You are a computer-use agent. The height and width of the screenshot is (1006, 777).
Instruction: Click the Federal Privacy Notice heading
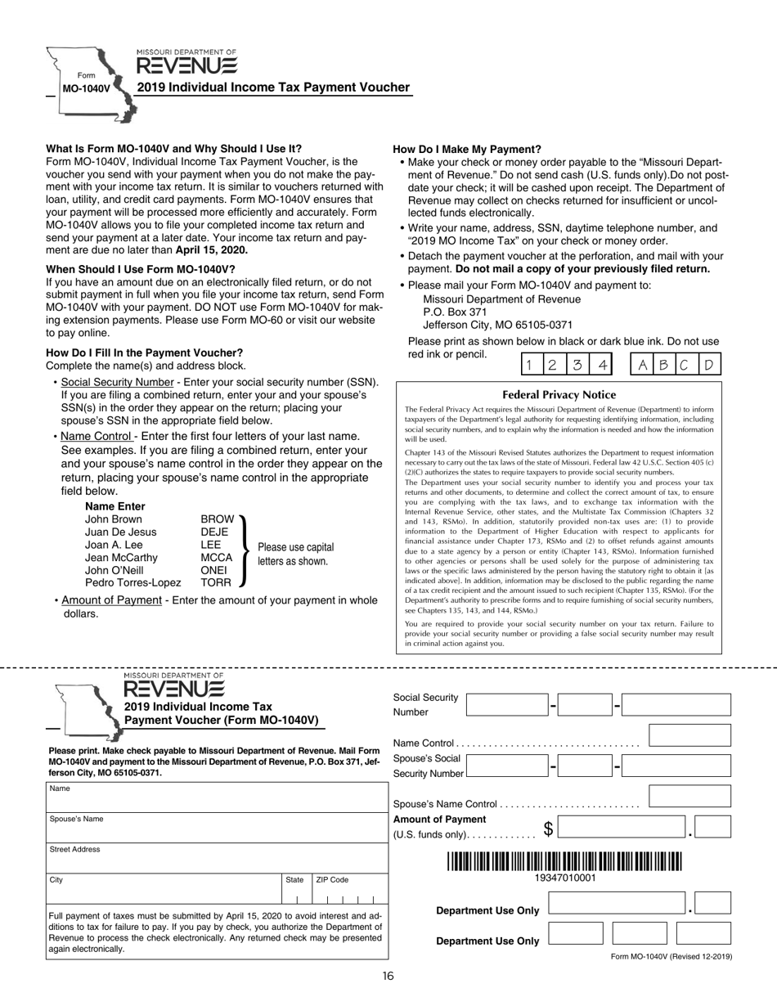tap(559, 394)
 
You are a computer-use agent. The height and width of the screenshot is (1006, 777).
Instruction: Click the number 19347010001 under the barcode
tap(564, 878)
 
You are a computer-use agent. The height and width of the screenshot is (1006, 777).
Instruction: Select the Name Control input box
tap(689, 735)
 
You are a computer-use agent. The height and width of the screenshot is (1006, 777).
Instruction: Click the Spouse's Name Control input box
tap(689, 796)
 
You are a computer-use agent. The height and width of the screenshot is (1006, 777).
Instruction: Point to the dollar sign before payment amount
tap(550, 829)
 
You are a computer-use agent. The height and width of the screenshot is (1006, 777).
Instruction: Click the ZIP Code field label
tap(332, 880)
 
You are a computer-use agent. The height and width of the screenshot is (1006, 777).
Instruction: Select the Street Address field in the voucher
tap(216, 857)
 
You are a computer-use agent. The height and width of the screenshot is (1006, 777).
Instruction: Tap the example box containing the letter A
tap(643, 364)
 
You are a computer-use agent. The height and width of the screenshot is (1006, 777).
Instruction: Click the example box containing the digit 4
tap(601, 364)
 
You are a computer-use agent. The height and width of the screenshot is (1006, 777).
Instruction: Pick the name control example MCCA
tap(216, 558)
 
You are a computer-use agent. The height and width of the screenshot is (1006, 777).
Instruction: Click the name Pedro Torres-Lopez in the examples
tap(132, 582)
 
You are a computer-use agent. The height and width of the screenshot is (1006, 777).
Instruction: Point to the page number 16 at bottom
tap(388, 976)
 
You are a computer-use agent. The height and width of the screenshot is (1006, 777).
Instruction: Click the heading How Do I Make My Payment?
tap(467, 149)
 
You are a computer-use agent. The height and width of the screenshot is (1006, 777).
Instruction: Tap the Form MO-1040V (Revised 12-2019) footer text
tap(671, 956)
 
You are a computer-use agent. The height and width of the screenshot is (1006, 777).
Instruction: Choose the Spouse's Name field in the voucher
tap(216, 827)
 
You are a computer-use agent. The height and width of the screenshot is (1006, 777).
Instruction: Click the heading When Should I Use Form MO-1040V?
tap(140, 269)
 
